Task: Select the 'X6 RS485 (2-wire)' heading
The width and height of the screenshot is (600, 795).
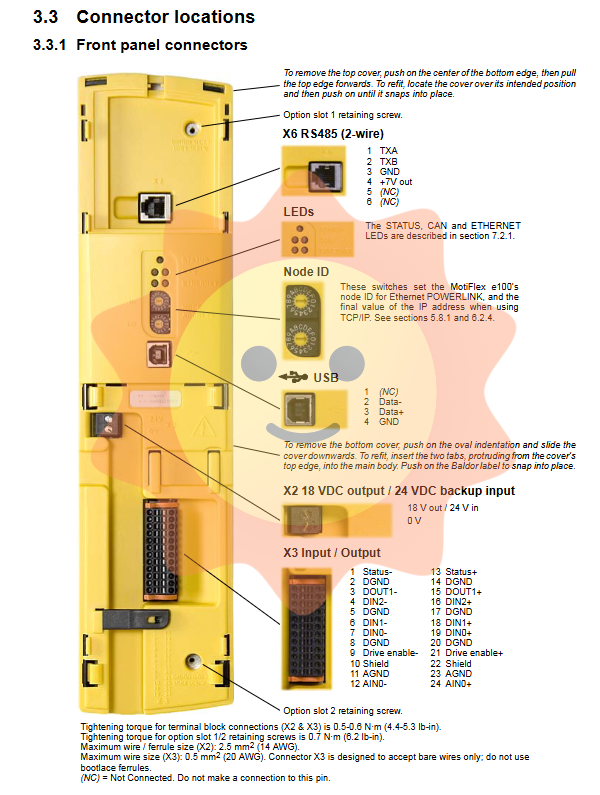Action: tap(333, 133)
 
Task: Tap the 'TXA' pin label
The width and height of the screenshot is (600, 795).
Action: tap(388, 150)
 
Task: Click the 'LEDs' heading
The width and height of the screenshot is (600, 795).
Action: tap(298, 212)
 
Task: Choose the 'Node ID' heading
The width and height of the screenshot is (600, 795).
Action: tap(307, 271)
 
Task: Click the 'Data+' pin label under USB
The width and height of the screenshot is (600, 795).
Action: tap(392, 411)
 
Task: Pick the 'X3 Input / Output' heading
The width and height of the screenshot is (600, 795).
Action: tap(331, 553)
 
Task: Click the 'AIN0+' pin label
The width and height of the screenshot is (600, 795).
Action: tap(459, 683)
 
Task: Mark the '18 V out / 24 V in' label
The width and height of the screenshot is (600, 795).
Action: tap(441, 508)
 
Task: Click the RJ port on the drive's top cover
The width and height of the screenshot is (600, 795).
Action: tap(153, 205)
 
